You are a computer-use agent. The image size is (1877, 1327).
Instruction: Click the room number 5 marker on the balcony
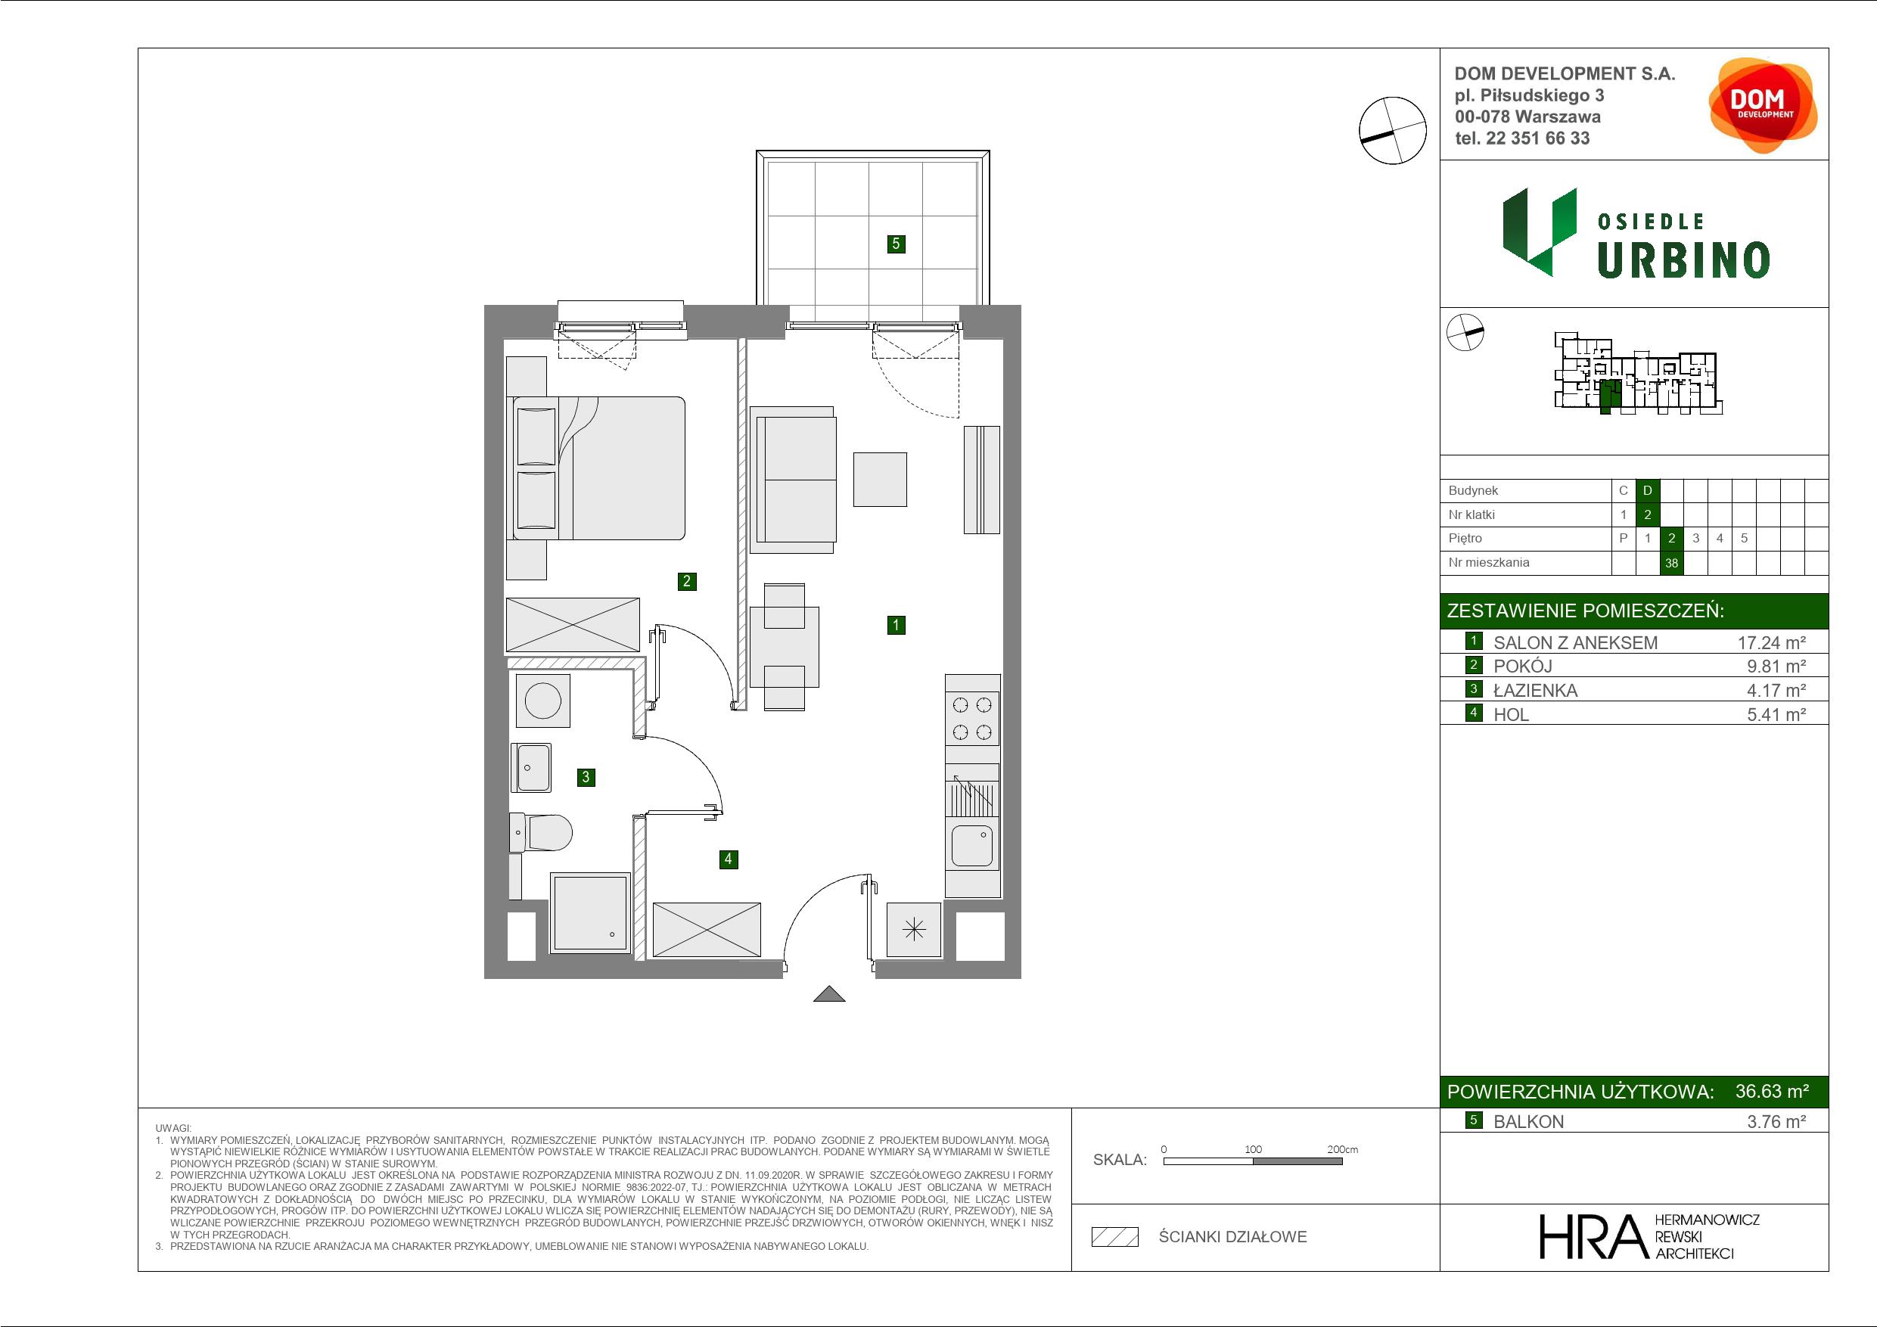pos(896,243)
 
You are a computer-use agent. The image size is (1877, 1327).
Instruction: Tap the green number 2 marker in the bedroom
pos(687,581)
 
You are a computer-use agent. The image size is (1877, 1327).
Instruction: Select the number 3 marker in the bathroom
pos(586,777)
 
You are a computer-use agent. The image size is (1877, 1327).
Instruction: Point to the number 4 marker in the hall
pos(729,859)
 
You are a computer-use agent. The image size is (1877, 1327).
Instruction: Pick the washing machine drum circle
pos(543,701)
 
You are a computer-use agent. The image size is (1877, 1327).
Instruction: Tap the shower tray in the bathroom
pos(590,912)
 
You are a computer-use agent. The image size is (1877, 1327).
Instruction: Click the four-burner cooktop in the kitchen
pos(973,718)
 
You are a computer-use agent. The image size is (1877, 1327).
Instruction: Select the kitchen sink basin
pos(972,845)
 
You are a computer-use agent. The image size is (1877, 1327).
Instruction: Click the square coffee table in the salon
pos(881,479)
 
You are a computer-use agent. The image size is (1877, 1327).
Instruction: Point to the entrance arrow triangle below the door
pos(829,993)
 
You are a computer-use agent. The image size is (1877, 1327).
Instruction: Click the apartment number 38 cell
pos(1672,563)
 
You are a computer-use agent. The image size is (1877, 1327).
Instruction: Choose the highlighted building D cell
pos(1648,490)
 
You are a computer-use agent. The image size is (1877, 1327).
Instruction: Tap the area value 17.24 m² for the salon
pos(1772,642)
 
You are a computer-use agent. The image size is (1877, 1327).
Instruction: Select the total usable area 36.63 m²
pos(1773,1091)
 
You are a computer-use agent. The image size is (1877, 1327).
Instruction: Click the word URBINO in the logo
pos(1683,261)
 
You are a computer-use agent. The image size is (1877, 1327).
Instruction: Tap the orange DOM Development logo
pos(1763,105)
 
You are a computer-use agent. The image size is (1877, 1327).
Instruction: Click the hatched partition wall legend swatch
pos(1115,1237)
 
